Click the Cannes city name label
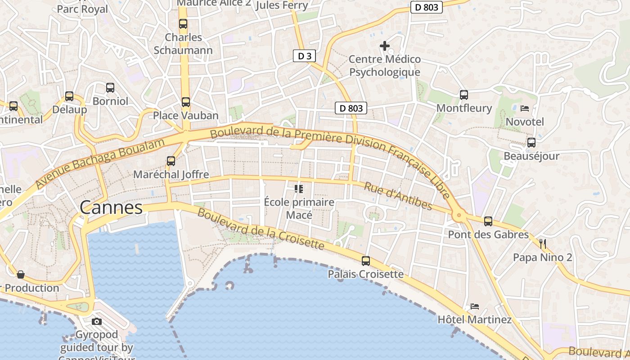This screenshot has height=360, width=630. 111,208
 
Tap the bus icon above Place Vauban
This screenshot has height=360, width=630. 185,102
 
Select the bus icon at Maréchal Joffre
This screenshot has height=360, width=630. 171,161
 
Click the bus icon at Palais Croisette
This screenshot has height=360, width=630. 366,261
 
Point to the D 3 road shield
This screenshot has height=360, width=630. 305,56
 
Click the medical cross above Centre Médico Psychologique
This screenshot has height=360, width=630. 385,45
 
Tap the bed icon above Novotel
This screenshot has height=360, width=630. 524,108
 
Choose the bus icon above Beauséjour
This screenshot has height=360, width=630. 531,143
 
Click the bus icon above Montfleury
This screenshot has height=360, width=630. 464,94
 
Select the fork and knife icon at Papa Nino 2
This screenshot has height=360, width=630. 543,244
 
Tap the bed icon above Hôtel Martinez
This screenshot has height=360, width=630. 475,306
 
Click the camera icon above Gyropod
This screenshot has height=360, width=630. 96,321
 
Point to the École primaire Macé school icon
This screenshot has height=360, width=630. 299,189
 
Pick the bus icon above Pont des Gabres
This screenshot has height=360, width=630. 488,221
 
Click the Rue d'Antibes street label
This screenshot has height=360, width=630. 398,196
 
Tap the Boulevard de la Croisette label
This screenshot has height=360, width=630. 261,229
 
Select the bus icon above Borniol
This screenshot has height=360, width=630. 110,87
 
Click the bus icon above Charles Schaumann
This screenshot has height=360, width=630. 183,24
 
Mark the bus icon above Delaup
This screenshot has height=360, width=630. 69,96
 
